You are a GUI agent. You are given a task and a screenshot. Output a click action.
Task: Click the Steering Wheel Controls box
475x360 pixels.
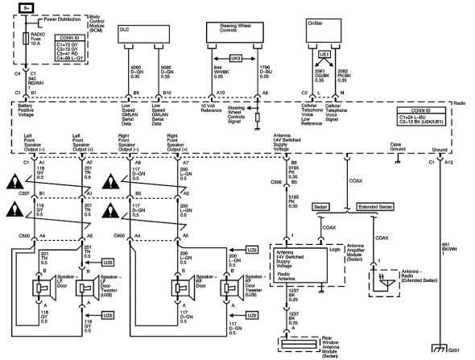(236, 33)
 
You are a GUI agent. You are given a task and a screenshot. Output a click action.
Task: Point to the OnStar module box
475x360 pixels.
(330, 33)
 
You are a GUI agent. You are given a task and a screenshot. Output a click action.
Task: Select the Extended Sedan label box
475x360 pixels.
(377, 206)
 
